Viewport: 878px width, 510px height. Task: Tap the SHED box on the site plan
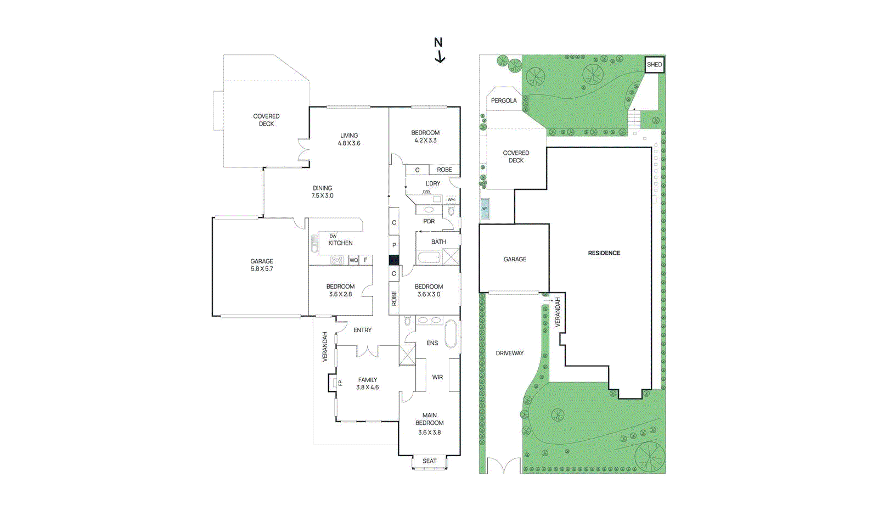(654, 64)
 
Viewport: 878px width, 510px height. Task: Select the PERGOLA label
(503, 100)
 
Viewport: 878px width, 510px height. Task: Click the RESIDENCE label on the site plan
(604, 253)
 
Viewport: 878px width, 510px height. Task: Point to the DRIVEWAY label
(509, 353)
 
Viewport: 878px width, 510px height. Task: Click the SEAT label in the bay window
(429, 461)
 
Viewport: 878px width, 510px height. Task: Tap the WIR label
(437, 377)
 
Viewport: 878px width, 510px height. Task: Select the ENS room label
(432, 343)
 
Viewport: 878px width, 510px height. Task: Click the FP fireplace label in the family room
(340, 383)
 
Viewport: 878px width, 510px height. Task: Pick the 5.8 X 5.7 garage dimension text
(262, 269)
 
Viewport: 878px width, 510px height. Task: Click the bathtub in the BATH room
(429, 257)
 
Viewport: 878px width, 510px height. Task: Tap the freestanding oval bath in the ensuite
(450, 334)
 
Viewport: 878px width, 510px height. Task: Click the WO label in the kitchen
(353, 260)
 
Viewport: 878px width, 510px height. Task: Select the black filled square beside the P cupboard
(393, 260)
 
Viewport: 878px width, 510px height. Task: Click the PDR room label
(429, 221)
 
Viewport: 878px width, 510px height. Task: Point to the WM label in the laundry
(451, 200)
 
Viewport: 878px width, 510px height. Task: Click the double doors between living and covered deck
(303, 150)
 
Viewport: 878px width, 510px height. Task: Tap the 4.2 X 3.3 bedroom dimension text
(425, 141)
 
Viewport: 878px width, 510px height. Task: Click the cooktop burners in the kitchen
(336, 260)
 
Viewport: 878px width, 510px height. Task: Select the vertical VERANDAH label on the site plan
(558, 312)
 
